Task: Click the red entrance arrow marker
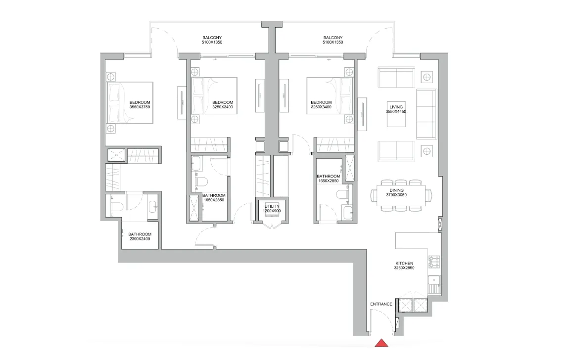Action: click(x=381, y=343)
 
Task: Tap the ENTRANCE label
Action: click(x=381, y=304)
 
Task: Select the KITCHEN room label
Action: click(x=404, y=264)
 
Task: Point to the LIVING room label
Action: click(x=396, y=107)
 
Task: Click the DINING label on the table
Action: click(x=397, y=190)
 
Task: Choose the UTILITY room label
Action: click(x=272, y=206)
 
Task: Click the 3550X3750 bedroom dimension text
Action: click(x=140, y=107)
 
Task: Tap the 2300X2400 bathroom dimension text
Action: click(x=140, y=239)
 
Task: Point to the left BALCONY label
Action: click(x=212, y=38)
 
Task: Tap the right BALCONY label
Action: click(x=333, y=38)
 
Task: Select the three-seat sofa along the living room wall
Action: click(x=427, y=114)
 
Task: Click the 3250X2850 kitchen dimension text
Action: click(x=404, y=268)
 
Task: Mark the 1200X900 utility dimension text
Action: click(x=272, y=211)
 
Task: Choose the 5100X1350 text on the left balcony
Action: click(x=212, y=42)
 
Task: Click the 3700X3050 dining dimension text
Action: click(x=397, y=195)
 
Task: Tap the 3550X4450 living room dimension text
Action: click(x=396, y=112)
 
